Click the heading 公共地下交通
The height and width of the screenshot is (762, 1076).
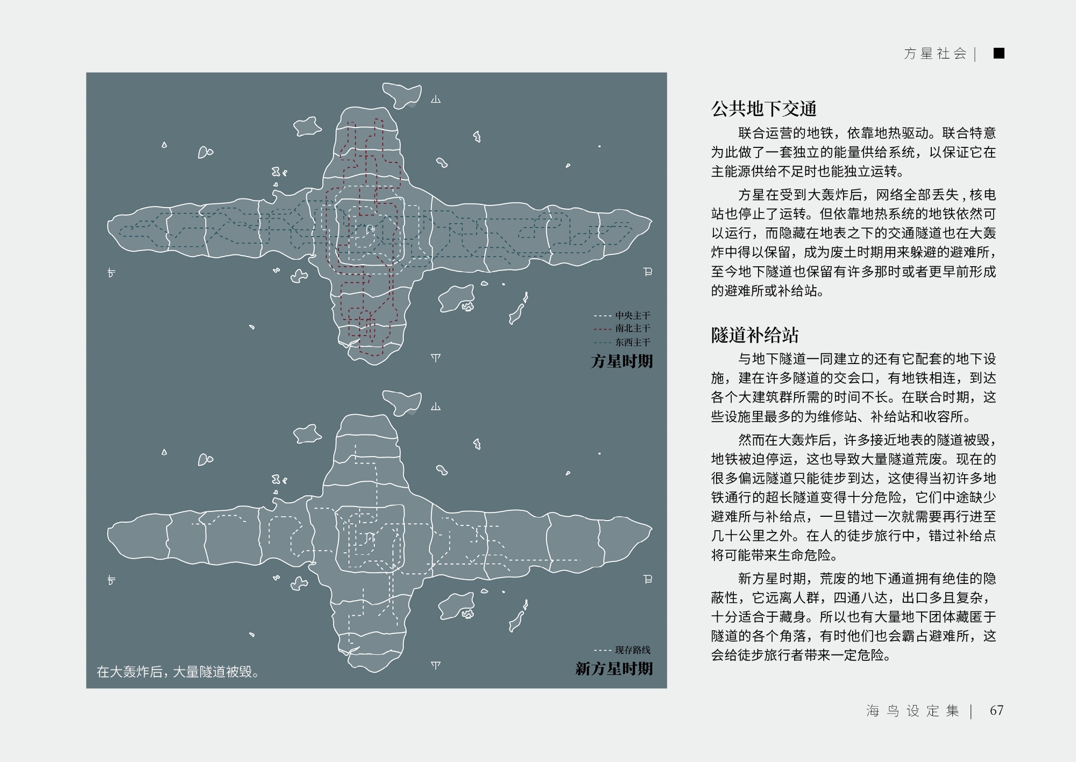pyautogui.click(x=764, y=109)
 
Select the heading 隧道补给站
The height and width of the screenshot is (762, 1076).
pyautogui.click(x=755, y=335)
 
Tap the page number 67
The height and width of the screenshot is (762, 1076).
pyautogui.click(x=996, y=710)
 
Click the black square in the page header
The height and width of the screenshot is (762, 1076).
pyautogui.click(x=999, y=53)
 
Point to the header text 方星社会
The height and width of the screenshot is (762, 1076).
pyautogui.click(x=935, y=53)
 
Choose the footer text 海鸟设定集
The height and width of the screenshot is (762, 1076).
pyautogui.click(x=912, y=711)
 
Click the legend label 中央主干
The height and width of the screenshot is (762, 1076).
pyautogui.click(x=633, y=316)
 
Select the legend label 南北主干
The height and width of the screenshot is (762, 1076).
pyautogui.click(x=633, y=329)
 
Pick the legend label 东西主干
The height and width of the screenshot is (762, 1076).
pyautogui.click(x=633, y=342)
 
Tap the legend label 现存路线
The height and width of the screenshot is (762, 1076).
pyautogui.click(x=633, y=650)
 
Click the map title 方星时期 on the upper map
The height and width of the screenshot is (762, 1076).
pyautogui.click(x=622, y=361)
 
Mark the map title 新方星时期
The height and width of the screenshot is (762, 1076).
pyautogui.click(x=614, y=668)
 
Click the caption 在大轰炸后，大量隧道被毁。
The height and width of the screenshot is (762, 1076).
pyautogui.click(x=178, y=672)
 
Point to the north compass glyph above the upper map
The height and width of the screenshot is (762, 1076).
pyautogui.click(x=436, y=99)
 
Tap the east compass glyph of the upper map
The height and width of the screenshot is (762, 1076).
pyautogui.click(x=648, y=272)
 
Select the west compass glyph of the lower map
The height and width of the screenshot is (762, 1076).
pyautogui.click(x=111, y=580)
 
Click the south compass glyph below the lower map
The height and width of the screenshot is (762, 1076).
pyautogui.click(x=436, y=666)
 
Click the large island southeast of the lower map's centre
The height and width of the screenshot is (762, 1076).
pyautogui.click(x=456, y=606)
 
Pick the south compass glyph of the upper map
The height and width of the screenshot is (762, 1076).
pyautogui.click(x=436, y=358)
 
